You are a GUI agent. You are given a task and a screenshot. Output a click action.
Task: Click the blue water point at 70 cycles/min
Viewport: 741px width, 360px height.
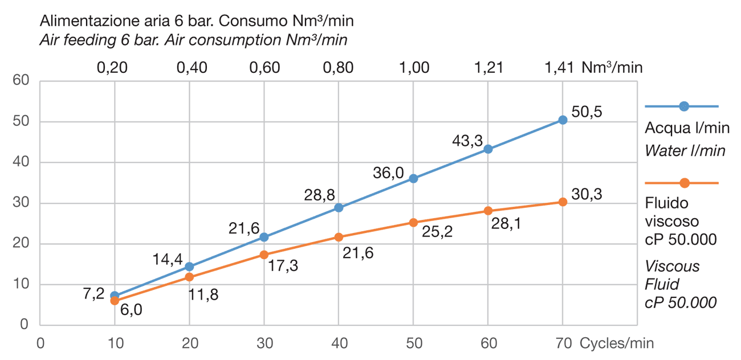pyautogui.click(x=563, y=120)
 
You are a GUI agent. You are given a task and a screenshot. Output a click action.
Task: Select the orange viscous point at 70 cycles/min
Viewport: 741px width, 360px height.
pyautogui.click(x=563, y=202)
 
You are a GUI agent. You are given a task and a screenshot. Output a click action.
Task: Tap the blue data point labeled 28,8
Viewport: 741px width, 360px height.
pyautogui.click(x=339, y=207)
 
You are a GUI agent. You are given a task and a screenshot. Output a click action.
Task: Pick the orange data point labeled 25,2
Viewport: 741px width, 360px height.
pyautogui.click(x=413, y=222)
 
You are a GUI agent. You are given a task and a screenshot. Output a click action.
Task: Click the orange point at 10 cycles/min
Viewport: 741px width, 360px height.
pyautogui.click(x=115, y=300)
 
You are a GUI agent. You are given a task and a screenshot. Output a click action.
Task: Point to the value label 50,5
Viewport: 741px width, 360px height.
pyautogui.click(x=587, y=111)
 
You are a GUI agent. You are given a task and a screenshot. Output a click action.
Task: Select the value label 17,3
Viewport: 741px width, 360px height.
pyautogui.click(x=283, y=266)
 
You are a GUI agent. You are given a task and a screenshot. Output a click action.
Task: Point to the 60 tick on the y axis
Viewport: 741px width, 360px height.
pyautogui.click(x=21, y=80)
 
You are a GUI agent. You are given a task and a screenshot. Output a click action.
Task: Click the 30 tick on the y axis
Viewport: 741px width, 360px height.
pyautogui.click(x=21, y=203)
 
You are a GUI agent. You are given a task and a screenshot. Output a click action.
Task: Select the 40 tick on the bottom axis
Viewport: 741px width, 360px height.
pyautogui.click(x=339, y=343)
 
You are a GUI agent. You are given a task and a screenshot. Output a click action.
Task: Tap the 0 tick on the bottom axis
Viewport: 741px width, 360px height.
pyautogui.click(x=40, y=343)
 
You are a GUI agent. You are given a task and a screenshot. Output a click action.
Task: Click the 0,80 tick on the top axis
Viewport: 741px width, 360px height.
pyautogui.click(x=339, y=68)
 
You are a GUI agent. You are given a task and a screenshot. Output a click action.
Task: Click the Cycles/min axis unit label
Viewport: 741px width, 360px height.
pyautogui.click(x=617, y=343)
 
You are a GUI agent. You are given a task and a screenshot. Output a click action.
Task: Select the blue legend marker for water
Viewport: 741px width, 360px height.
pyautogui.click(x=684, y=107)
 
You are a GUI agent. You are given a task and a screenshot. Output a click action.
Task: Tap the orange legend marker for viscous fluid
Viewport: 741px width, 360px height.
pyautogui.click(x=684, y=183)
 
